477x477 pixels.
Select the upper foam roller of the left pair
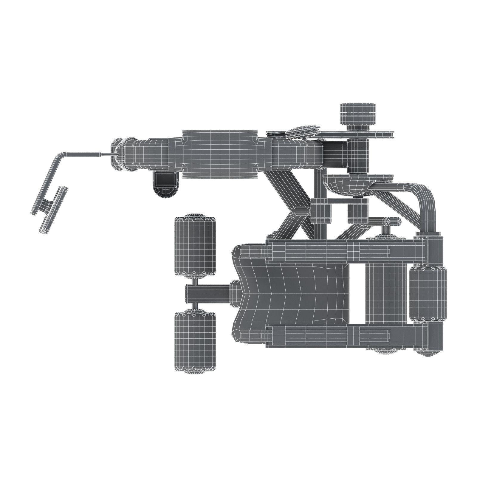click(195, 245)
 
